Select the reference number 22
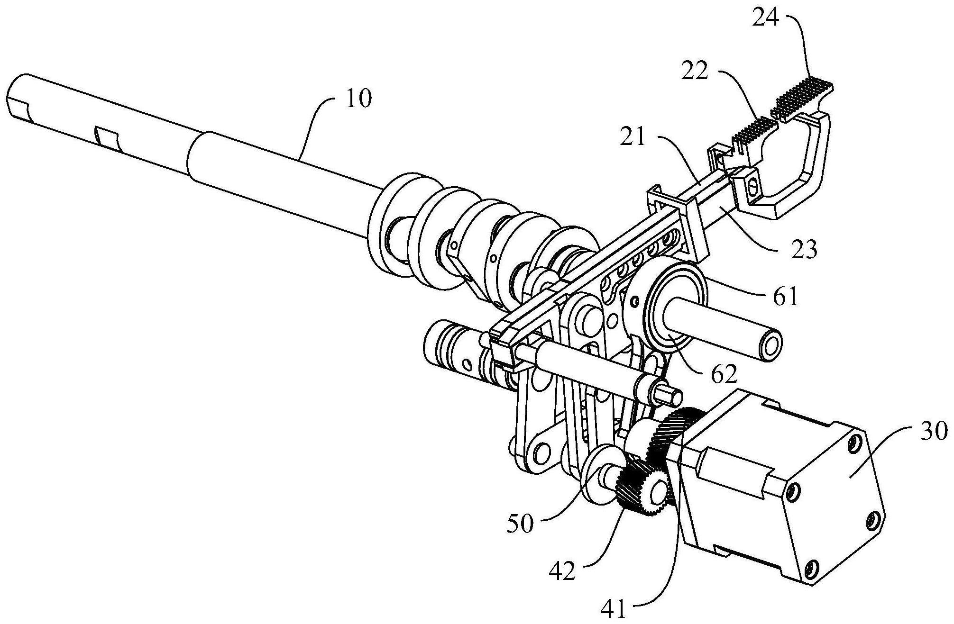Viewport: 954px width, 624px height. point(695,72)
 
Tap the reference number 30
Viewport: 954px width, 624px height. point(933,432)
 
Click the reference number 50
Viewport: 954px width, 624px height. point(520,524)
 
